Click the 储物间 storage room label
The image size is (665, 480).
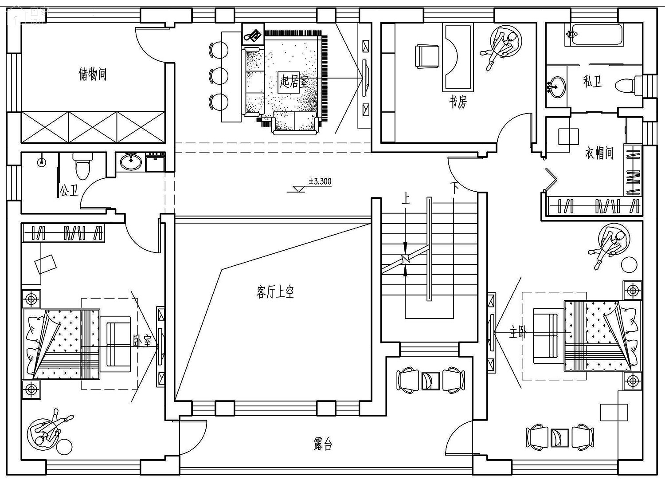click(93, 74)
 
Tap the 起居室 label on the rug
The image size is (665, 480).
click(294, 81)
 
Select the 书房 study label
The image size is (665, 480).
click(458, 102)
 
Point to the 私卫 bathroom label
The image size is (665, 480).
click(592, 81)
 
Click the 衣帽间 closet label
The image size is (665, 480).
click(599, 153)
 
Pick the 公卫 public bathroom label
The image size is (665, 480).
click(69, 190)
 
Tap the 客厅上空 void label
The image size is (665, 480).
click(275, 292)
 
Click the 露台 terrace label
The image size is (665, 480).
click(323, 445)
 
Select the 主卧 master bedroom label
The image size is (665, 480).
click(517, 332)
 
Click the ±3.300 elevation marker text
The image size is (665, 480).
click(320, 181)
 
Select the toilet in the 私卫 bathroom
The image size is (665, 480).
click(629, 86)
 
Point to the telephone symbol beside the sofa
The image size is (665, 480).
click(253, 35)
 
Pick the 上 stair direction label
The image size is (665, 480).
click(406, 198)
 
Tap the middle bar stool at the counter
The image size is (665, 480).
click(219, 76)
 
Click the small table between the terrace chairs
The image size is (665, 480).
click(430, 381)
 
